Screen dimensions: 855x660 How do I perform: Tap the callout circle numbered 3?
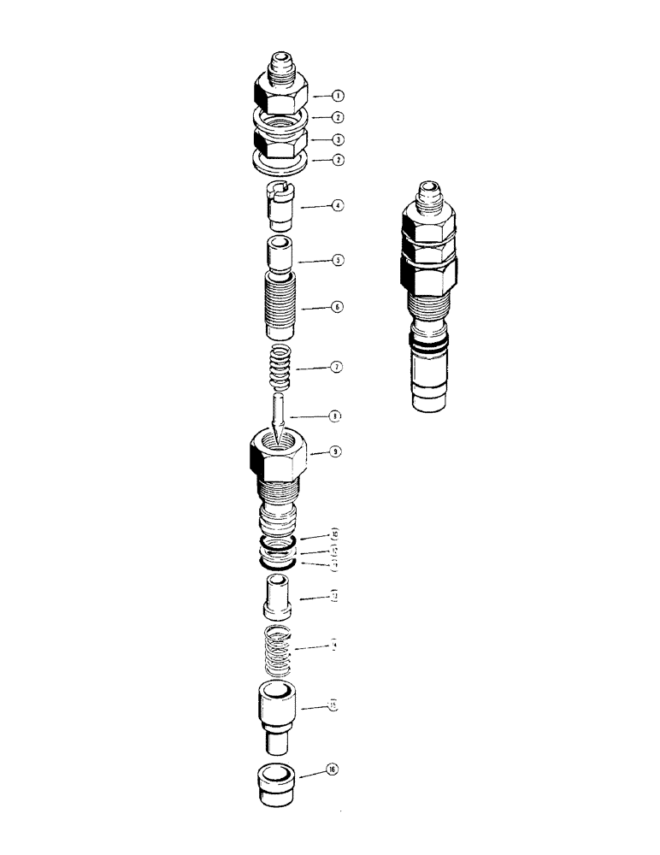[x=315, y=139]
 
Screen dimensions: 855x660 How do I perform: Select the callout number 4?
[x=315, y=206]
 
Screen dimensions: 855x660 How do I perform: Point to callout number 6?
[x=315, y=305]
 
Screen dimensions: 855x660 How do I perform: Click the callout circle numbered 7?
[x=315, y=367]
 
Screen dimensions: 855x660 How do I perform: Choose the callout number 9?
[x=315, y=451]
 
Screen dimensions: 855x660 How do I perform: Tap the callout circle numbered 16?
[x=332, y=771]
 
